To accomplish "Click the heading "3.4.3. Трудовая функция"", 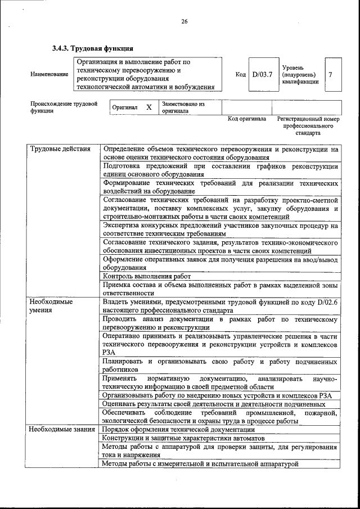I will pos(93,47).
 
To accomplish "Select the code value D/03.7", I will pos(262,74).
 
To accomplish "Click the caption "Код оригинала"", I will pos(246,119).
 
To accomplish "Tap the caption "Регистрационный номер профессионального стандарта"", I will pos(308,127).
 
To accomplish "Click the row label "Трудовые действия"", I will pos(60,149).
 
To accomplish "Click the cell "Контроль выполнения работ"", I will pos(147,276).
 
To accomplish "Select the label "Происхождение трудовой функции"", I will pos(63,107).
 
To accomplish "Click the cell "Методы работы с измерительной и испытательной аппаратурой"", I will pos(200,463).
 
